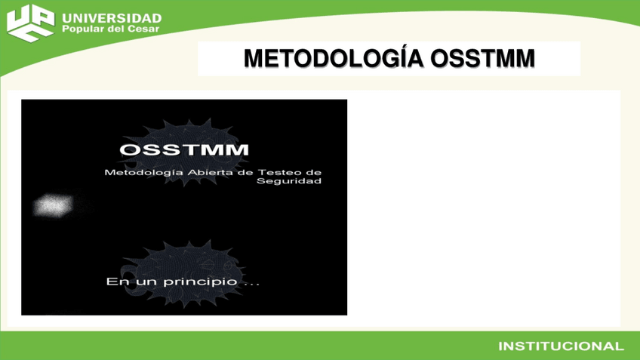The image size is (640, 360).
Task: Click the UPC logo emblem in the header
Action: (30, 23)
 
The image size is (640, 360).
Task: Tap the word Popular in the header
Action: (84, 30)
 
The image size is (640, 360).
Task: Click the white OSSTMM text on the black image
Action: (183, 149)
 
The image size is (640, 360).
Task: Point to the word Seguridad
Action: (288, 181)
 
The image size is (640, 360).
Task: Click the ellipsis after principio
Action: (250, 284)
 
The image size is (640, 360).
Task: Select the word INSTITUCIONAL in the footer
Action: (561, 346)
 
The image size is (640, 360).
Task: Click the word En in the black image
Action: (114, 282)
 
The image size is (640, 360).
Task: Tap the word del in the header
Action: (118, 30)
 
